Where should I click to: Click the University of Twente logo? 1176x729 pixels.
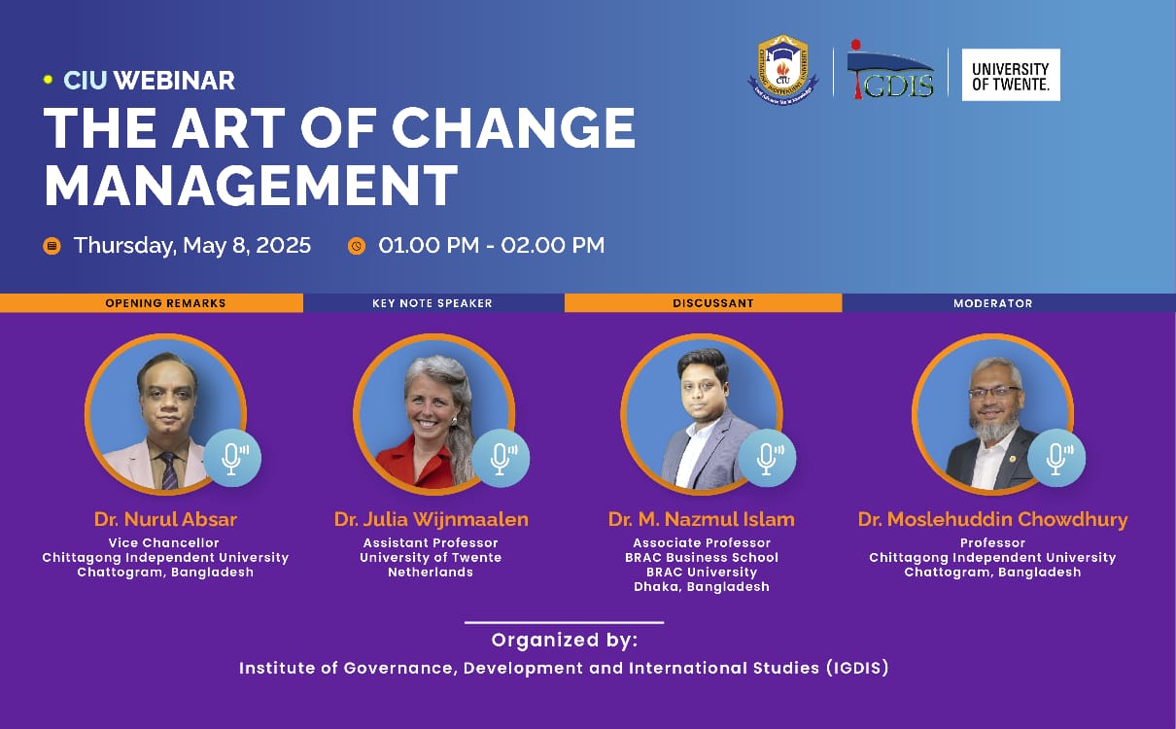1011,75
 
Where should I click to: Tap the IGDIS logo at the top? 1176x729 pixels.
890,69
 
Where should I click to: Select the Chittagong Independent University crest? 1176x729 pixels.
782,69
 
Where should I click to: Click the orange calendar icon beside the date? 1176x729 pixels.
52,246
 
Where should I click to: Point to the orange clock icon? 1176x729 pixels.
357,246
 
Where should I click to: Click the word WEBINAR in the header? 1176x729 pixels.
174,81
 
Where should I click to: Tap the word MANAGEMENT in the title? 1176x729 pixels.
251,186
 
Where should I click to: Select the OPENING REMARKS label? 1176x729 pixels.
165,303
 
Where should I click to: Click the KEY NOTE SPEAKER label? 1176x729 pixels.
432,303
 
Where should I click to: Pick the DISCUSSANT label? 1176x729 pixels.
713,303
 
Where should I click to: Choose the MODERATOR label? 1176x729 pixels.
992,303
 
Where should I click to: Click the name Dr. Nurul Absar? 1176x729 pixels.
165,519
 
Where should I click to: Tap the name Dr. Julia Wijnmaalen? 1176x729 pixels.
431,519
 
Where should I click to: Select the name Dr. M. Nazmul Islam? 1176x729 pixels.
702,519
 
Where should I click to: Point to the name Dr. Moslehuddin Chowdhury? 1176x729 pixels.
992,519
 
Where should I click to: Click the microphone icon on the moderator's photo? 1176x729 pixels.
1056,458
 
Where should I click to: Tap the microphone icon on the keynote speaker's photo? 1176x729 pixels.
501,458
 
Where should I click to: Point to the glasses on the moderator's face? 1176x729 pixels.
995,393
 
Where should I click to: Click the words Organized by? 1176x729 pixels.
565,641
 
